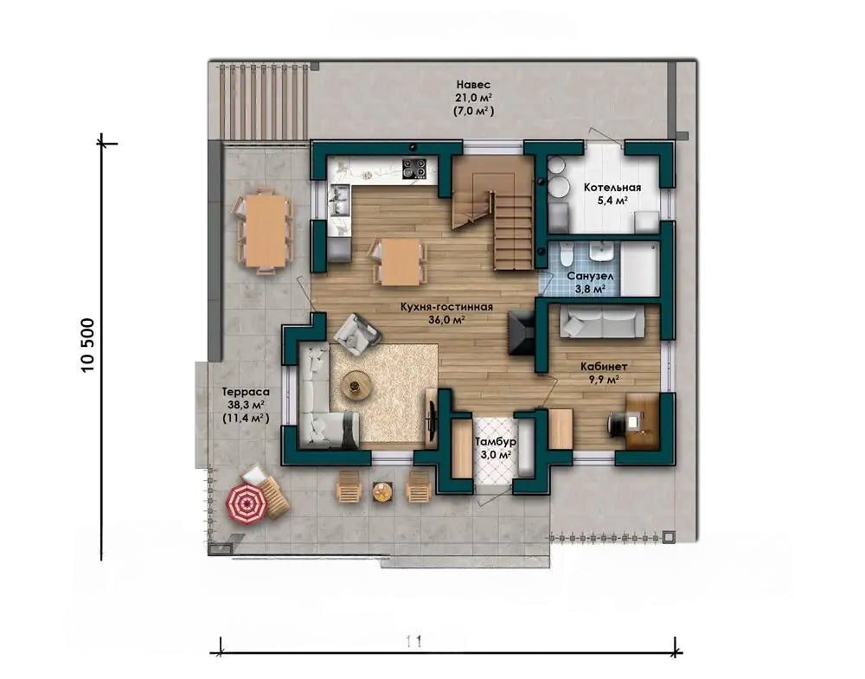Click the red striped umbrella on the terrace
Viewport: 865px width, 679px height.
247,503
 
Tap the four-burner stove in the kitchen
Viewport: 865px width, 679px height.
415,169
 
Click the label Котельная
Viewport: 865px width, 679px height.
612,188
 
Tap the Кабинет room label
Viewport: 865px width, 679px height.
604,366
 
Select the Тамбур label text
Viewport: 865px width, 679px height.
496,442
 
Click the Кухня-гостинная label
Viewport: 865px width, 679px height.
447,307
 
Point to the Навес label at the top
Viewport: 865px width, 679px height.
473,85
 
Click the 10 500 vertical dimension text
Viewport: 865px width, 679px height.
87,346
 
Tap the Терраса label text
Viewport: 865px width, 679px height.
246,392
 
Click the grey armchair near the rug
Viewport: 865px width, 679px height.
356,334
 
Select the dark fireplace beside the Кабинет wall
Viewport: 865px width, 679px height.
521,332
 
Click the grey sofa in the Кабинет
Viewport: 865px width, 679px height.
602,323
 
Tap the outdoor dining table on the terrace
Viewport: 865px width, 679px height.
266,230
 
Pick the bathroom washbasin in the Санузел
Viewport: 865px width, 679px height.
599,253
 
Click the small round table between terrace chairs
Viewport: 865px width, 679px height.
382,490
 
